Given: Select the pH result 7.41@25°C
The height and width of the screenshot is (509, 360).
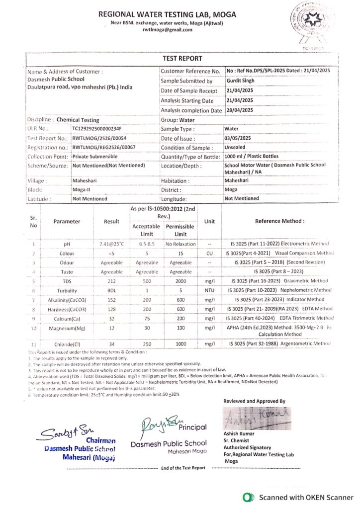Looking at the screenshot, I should point(111,244).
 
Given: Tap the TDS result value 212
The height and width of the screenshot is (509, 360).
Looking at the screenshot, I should point(111,281).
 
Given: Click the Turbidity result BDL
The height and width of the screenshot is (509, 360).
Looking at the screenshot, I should point(111,290).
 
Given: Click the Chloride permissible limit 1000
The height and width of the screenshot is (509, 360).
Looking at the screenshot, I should point(180,343).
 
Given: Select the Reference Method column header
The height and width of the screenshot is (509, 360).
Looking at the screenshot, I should point(279,221).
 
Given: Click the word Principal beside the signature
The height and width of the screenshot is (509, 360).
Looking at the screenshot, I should point(192,427).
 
